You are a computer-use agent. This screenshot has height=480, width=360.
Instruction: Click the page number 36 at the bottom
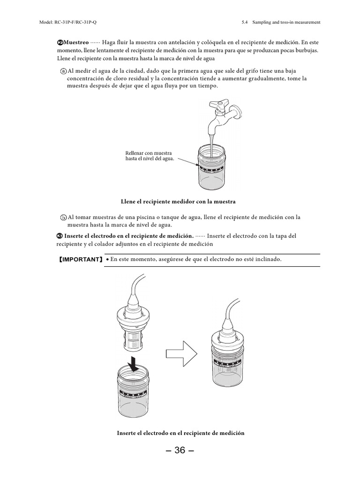(180, 451)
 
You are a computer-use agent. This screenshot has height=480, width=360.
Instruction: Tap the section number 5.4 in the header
(244, 22)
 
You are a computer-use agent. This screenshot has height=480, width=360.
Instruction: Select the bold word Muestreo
(75, 41)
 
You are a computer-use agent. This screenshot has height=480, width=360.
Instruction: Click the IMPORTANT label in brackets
(80, 259)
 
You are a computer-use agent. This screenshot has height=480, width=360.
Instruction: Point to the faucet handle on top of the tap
(220, 103)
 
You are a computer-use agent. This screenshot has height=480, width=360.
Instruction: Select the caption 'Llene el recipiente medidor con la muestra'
(178, 201)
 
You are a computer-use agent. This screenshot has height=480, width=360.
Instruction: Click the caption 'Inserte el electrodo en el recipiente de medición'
(180, 433)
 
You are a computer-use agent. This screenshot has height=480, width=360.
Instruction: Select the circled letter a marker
(63, 71)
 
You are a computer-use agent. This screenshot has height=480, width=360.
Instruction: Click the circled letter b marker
(63, 217)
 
